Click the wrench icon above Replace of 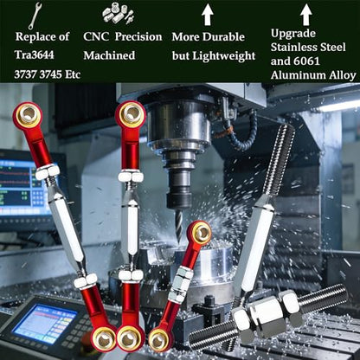pyautogui.click(x=35, y=16)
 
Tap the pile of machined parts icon pyautogui.click(x=118, y=14)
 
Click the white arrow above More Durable pyautogui.click(x=207, y=14)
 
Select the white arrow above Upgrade pyautogui.click(x=306, y=14)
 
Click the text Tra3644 pyautogui.click(x=35, y=55)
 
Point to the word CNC pyautogui.click(x=96, y=36)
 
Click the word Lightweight pyautogui.click(x=224, y=56)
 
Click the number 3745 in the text pyautogui.click(x=51, y=74)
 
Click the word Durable pyautogui.click(x=223, y=37)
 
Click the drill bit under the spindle pyautogui.click(x=179, y=224)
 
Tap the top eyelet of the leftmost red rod pyautogui.click(x=27, y=115)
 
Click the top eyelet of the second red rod pyautogui.click(x=130, y=114)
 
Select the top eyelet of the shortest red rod pyautogui.click(x=201, y=233)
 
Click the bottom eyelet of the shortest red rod pyautogui.click(x=159, y=340)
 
